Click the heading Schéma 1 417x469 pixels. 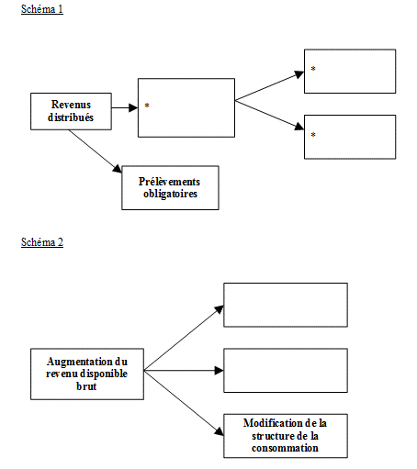tap(42, 9)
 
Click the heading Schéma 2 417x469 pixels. tap(42, 242)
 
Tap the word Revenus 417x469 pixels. tap(71, 105)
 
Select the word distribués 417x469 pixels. tap(71, 117)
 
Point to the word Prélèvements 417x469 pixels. tap(169, 182)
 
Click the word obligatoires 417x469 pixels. tap(170, 194)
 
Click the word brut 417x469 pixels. tap(86, 386)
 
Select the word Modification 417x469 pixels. tap(268, 423)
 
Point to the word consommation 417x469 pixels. tap(285, 448)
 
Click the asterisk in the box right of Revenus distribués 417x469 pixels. tap(147, 106)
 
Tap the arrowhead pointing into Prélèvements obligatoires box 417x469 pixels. tap(118, 169)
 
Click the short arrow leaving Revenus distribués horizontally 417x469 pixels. tap(125, 107)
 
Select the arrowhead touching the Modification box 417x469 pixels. tap(219, 431)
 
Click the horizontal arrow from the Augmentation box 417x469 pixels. tap(184, 371)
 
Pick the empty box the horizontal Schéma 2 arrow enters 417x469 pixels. tap(286, 371)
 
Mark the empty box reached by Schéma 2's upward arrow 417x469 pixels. tap(286, 305)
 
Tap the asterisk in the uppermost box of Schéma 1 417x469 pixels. tap(313, 69)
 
